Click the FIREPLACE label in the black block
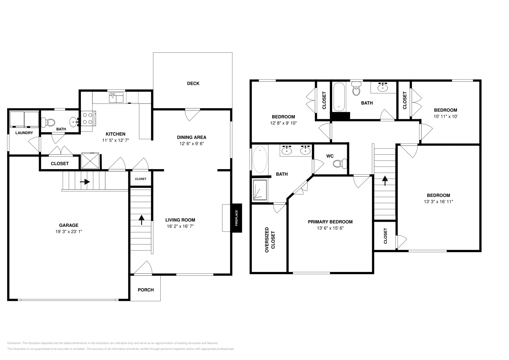[236, 218]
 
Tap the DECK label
[193, 83]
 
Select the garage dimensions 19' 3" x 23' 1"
[69, 232]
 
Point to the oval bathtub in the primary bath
[260, 159]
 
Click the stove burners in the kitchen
[88, 118]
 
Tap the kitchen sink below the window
[116, 98]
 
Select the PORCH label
[146, 290]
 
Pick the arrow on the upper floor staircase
[385, 181]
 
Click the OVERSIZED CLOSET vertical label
[270, 240]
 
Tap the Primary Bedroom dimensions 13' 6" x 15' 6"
[330, 228]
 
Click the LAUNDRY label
[24, 133]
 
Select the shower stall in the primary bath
[260, 190]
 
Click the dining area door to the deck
[192, 114]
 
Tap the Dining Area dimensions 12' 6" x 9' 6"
[192, 143]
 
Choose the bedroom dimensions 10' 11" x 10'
[446, 116]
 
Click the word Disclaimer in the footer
[14, 343]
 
